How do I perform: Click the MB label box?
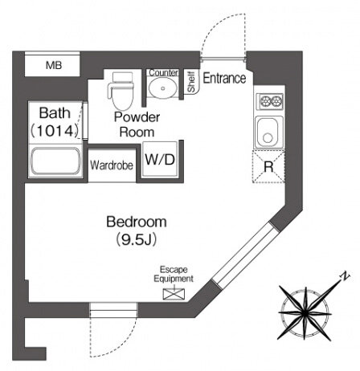point(52,64)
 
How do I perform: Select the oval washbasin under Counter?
point(162,88)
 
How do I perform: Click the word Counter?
point(163,73)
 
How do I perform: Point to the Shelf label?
point(191,82)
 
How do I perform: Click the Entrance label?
point(224,78)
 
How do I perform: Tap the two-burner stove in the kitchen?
point(270,101)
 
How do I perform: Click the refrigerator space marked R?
point(268,166)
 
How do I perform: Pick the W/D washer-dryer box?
point(160,159)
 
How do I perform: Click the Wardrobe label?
point(112,165)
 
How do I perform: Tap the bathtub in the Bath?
point(55,161)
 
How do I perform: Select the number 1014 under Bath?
point(55,131)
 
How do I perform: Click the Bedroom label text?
point(137,222)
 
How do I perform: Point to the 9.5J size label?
point(137,240)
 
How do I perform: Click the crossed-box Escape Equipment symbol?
point(174,294)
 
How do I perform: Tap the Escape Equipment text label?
point(174,274)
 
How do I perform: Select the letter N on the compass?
point(345,276)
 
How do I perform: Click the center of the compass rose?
point(305,313)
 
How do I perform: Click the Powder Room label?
point(137,124)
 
